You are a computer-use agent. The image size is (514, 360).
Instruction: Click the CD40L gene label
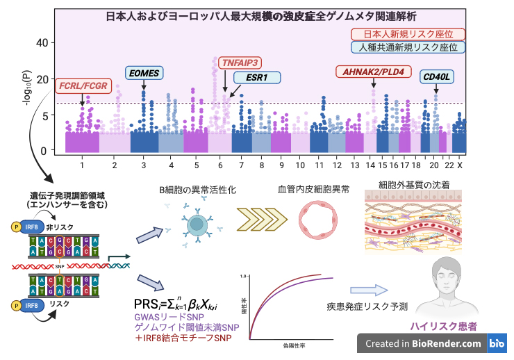[437, 76]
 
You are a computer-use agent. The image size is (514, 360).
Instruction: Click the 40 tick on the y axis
[44, 43]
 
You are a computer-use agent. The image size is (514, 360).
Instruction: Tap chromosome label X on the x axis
[460, 166]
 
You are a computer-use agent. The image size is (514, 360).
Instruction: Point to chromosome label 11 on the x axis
[319, 166]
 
